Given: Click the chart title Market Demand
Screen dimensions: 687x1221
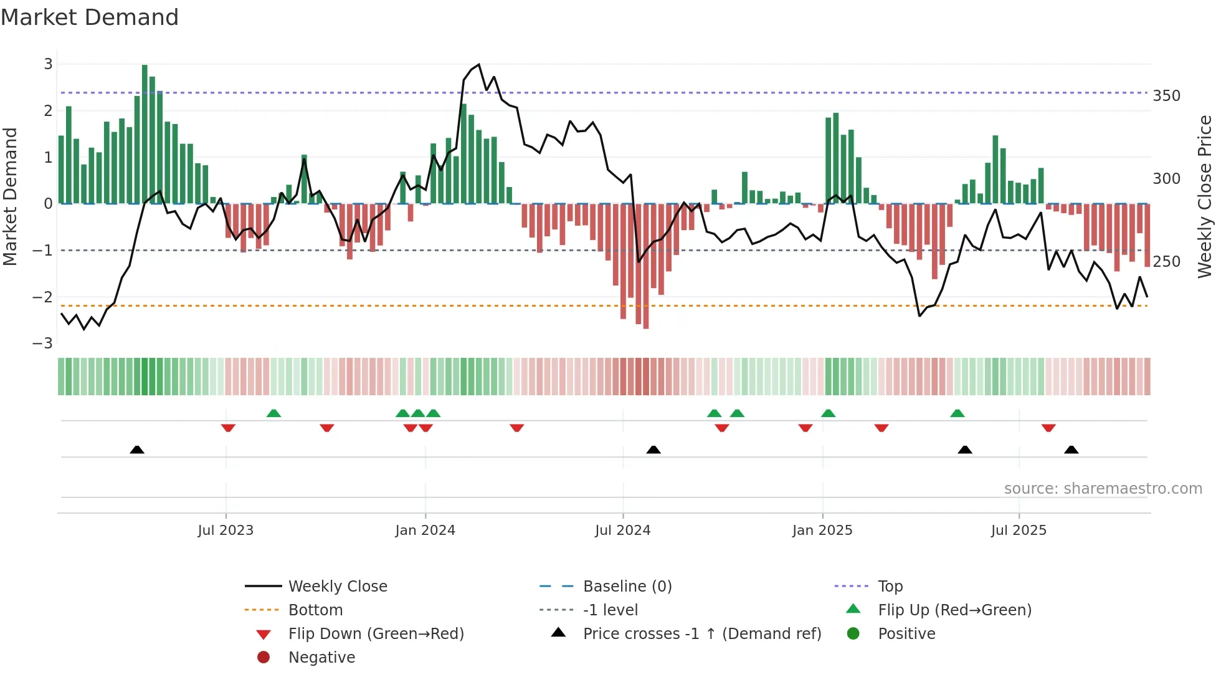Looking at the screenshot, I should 90,17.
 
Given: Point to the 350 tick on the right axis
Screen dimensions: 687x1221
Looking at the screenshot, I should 1166,96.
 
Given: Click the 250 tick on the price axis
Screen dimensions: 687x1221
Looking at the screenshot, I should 1166,262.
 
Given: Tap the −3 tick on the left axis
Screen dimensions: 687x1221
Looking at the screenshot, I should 42,343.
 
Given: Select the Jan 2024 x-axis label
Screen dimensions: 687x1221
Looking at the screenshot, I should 425,531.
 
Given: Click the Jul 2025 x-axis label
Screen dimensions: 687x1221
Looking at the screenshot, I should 1019,531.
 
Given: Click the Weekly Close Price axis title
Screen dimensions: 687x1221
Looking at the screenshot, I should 1205,196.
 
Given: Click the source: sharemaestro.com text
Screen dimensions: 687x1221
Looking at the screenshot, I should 1103,489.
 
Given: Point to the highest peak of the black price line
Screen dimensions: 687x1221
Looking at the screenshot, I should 478,65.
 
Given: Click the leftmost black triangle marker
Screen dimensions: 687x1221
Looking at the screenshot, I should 137,449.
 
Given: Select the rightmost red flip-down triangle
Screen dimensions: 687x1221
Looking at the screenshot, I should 1048,428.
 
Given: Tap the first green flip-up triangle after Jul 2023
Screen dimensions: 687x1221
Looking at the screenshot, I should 273,413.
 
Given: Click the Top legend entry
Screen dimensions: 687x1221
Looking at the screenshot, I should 890,587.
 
